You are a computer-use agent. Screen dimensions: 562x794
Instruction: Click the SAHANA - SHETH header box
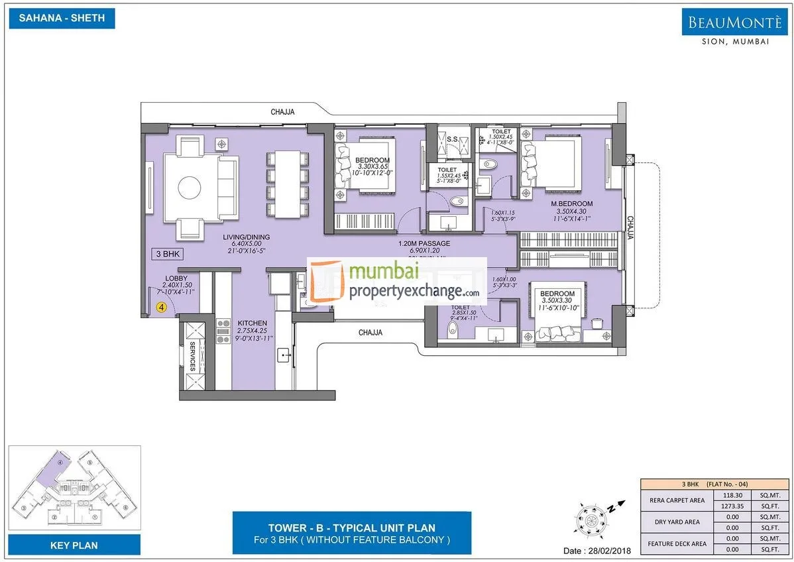[62, 18]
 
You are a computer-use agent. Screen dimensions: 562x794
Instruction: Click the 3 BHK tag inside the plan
[167, 254]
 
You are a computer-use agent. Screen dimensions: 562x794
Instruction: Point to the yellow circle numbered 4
[161, 307]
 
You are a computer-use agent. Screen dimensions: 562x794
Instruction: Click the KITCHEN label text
[252, 323]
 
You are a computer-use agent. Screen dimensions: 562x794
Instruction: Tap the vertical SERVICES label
[192, 357]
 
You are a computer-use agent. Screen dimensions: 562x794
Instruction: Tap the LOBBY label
[176, 278]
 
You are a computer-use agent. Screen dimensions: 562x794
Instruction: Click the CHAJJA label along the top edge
[282, 113]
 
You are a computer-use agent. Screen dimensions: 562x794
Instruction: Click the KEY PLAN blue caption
[74, 545]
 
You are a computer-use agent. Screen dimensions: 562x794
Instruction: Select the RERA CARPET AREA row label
[675, 500]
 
